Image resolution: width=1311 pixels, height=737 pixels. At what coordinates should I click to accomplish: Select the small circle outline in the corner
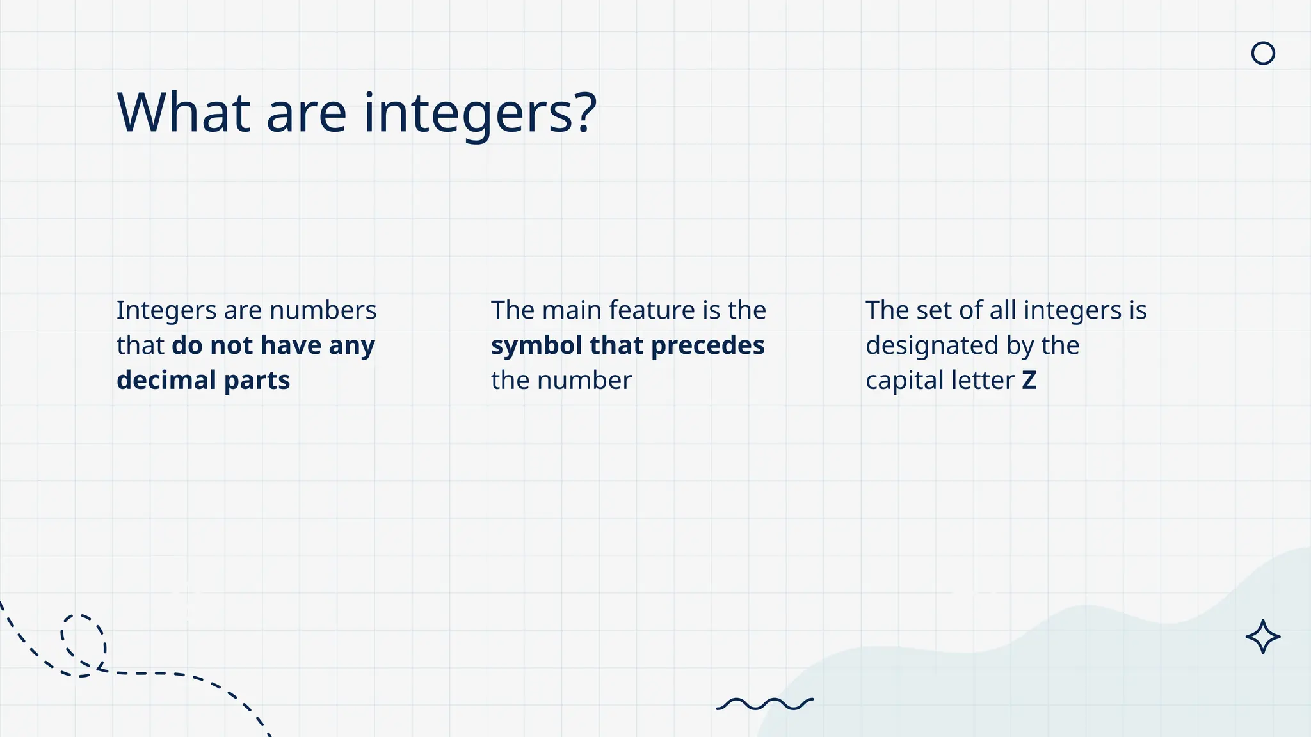point(1262,53)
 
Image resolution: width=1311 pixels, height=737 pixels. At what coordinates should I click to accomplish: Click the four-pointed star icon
point(1262,637)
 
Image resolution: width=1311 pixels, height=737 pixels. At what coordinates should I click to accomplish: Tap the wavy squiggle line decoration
point(764,704)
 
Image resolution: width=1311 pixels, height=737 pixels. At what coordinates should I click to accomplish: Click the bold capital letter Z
point(1029,381)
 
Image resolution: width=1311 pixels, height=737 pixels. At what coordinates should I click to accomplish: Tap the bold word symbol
point(536,346)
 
